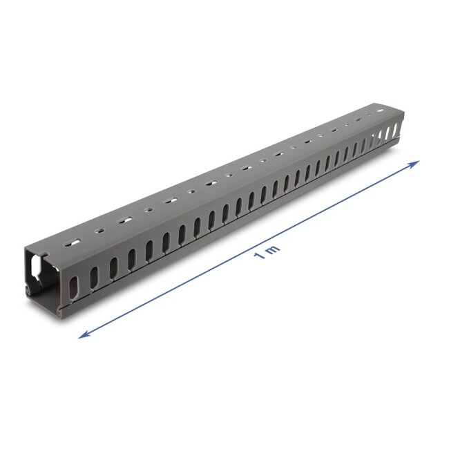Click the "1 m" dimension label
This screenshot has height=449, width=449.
266,253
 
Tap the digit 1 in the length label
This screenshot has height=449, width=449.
260,256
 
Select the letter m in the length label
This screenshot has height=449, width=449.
271,249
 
